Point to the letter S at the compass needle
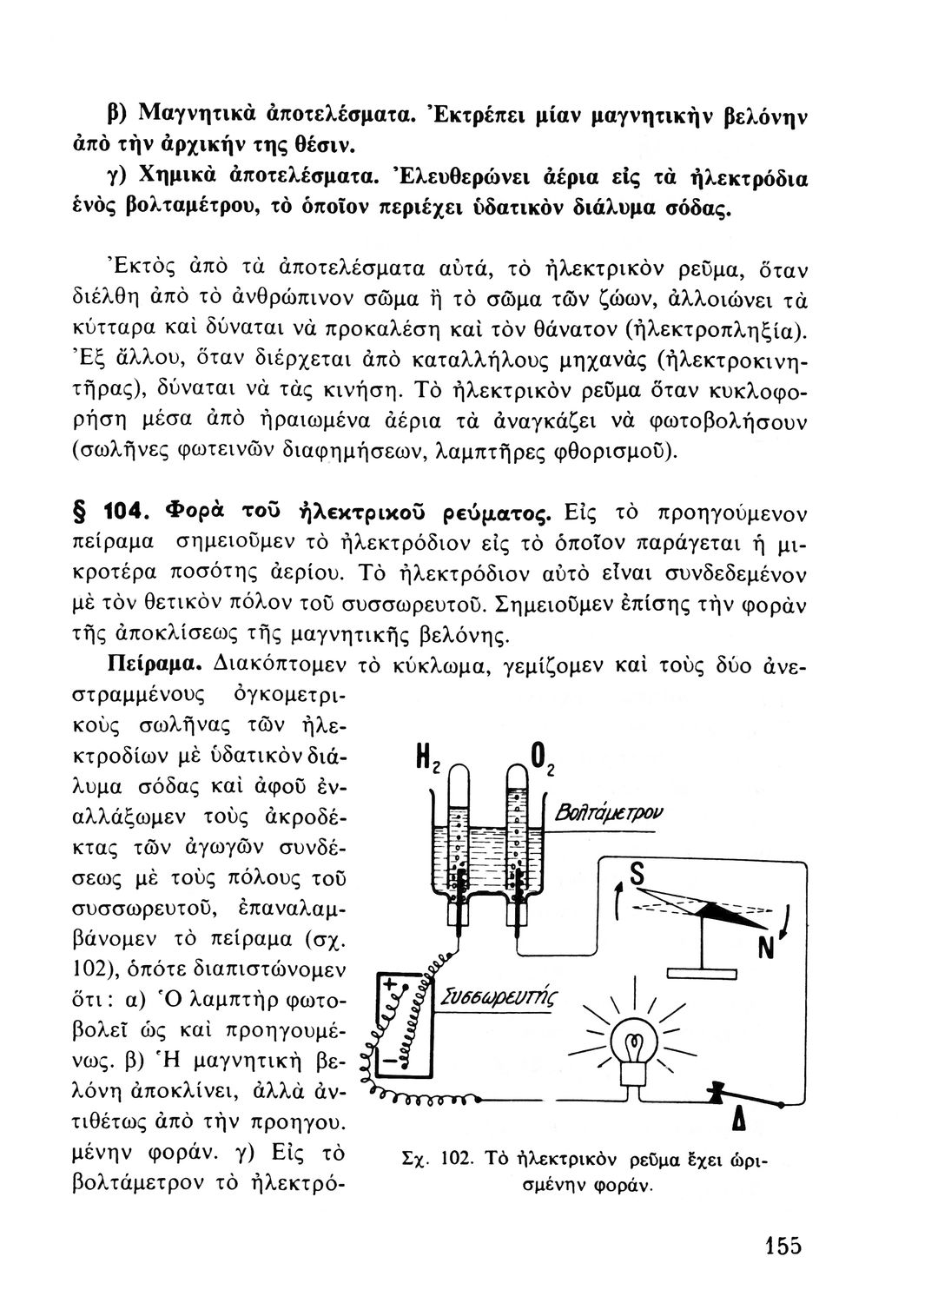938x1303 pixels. click(638, 878)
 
